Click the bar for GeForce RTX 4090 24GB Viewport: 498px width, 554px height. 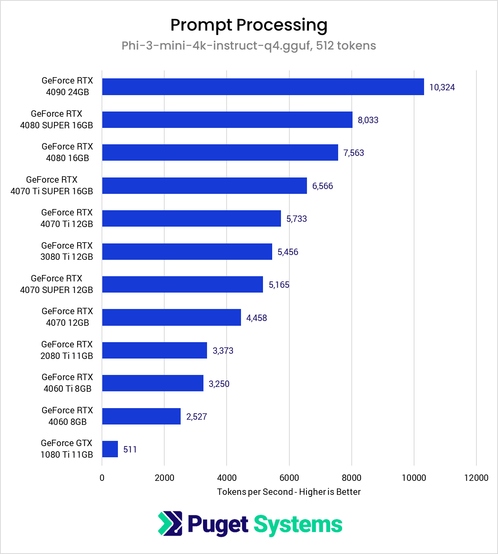point(263,87)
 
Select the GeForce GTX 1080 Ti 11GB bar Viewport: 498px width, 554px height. point(110,449)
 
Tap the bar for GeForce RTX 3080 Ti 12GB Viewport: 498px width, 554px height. point(187,251)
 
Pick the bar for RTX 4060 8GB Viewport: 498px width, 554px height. point(141,416)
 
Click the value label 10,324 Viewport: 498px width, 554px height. point(442,87)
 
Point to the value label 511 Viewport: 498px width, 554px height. point(130,449)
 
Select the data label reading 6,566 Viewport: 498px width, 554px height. point(323,186)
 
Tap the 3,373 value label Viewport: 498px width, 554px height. point(223,351)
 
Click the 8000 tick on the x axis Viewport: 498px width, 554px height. point(351,478)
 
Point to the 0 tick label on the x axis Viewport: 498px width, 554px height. point(102,478)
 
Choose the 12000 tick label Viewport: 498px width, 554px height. point(476,478)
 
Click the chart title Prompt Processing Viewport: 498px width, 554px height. point(249,25)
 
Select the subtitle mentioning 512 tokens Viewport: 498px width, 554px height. point(249,46)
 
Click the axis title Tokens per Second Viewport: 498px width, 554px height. point(289,492)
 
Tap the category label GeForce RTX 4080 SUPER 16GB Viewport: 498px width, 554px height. point(56,120)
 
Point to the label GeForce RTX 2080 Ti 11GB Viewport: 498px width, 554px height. point(67,350)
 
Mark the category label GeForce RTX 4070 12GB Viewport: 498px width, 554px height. point(67,317)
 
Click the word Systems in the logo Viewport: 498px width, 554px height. point(298,525)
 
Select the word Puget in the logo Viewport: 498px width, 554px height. point(218,525)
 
